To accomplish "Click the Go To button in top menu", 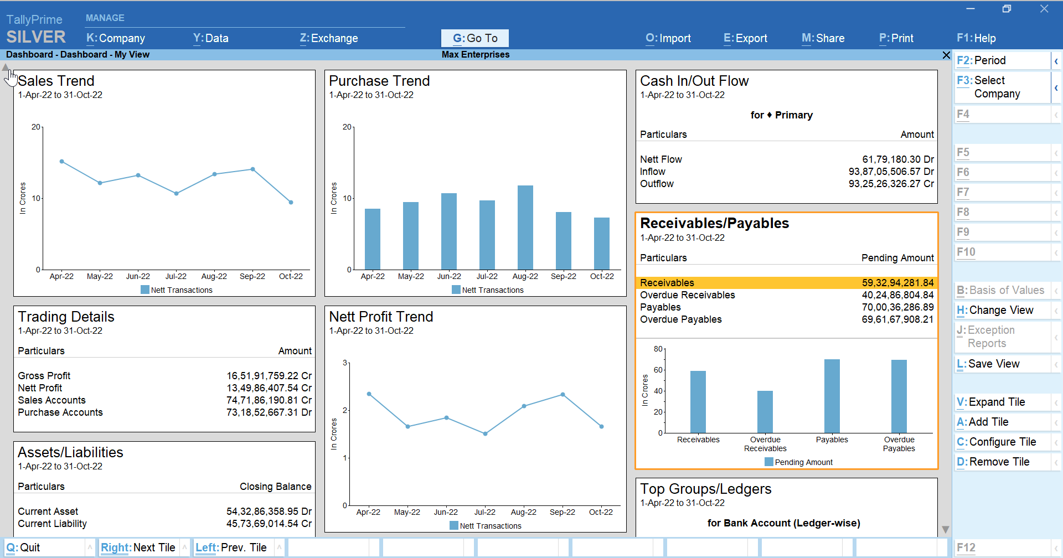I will click(x=474, y=38).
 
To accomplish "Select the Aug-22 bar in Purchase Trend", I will click(x=525, y=228).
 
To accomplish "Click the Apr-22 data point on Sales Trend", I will click(x=61, y=162).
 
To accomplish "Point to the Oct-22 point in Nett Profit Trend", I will click(x=601, y=426).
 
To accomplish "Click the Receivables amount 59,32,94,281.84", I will click(x=897, y=283).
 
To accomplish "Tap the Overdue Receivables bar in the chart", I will click(x=765, y=412).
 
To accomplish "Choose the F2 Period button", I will click(x=1002, y=60).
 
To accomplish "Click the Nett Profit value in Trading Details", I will click(x=269, y=388).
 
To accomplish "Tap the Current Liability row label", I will click(x=52, y=524).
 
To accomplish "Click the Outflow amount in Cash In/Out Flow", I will click(x=890, y=184).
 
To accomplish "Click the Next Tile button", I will click(x=138, y=547).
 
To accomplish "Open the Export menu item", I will click(x=745, y=38).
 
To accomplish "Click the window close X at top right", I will click(x=1044, y=9).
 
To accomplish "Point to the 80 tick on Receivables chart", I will click(x=658, y=349).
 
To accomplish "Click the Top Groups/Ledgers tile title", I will click(x=705, y=489).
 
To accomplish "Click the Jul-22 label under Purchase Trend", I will click(x=487, y=276).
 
